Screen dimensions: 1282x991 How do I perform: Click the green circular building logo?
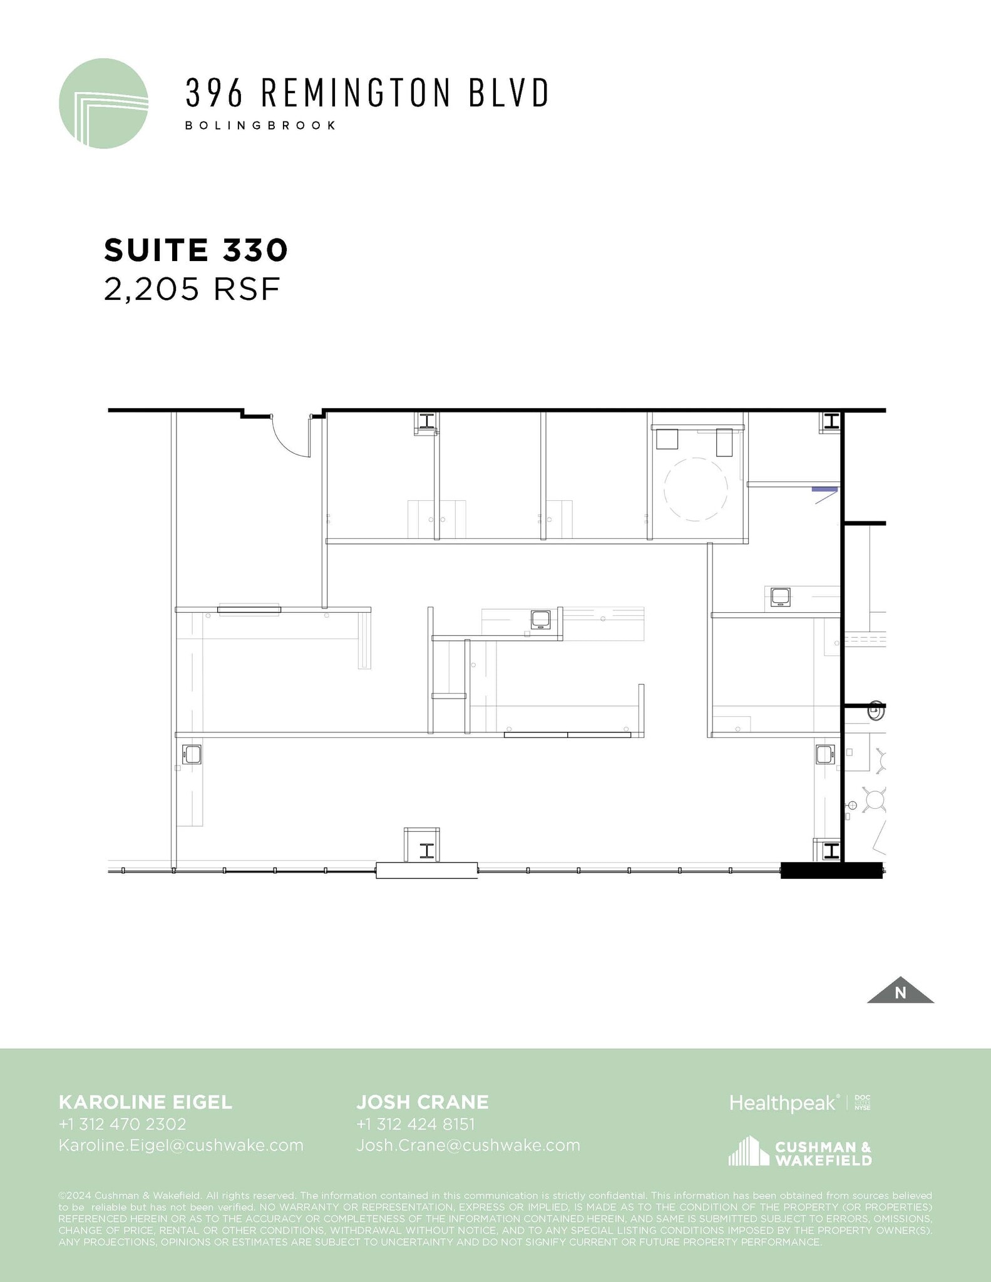click(x=103, y=103)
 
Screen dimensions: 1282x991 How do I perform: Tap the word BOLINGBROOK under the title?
click(x=260, y=125)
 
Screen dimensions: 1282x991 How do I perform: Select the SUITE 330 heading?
click(x=195, y=250)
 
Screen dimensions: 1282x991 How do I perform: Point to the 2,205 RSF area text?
click(x=191, y=289)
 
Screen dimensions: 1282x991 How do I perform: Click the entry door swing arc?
click(x=289, y=446)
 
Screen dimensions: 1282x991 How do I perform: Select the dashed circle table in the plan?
click(x=696, y=490)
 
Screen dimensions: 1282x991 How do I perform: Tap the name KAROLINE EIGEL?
click(x=145, y=1102)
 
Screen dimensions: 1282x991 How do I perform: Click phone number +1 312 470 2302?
click(x=123, y=1124)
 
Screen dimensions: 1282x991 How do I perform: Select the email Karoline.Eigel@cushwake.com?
click(x=181, y=1146)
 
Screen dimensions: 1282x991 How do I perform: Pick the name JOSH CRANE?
click(x=423, y=1102)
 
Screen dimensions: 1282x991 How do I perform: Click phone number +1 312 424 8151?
click(x=416, y=1124)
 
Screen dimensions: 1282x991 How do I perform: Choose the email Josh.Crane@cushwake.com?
click(x=468, y=1146)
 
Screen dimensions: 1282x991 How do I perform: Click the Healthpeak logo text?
click(x=783, y=1103)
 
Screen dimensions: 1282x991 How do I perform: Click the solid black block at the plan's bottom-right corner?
click(x=831, y=871)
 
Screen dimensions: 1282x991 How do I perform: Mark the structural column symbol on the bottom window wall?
click(x=427, y=851)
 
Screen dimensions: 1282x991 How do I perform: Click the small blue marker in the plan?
click(x=824, y=488)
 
